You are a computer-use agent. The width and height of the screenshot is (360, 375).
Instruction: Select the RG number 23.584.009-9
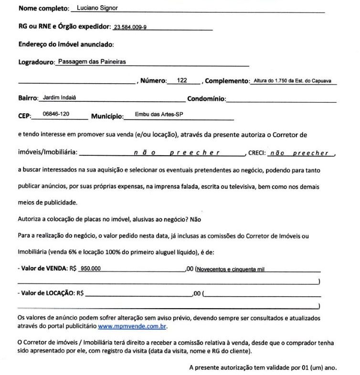click(x=130, y=27)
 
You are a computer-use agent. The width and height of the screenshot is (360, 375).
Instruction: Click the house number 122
click(x=182, y=80)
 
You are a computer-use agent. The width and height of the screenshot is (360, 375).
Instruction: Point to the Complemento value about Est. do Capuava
click(x=293, y=81)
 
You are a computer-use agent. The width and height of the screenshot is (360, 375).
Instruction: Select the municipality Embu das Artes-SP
click(x=159, y=115)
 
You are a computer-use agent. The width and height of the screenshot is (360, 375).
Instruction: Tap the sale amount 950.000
click(x=91, y=269)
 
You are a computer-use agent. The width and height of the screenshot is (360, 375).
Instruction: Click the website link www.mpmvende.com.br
click(x=132, y=327)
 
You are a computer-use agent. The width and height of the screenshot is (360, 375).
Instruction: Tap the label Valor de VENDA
click(x=43, y=269)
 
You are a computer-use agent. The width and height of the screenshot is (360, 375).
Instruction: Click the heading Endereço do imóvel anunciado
click(x=66, y=44)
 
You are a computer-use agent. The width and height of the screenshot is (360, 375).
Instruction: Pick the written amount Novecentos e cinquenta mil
click(x=231, y=269)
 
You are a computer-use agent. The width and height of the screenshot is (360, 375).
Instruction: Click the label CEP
click(x=24, y=116)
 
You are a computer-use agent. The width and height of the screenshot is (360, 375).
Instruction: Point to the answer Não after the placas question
click(x=196, y=220)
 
